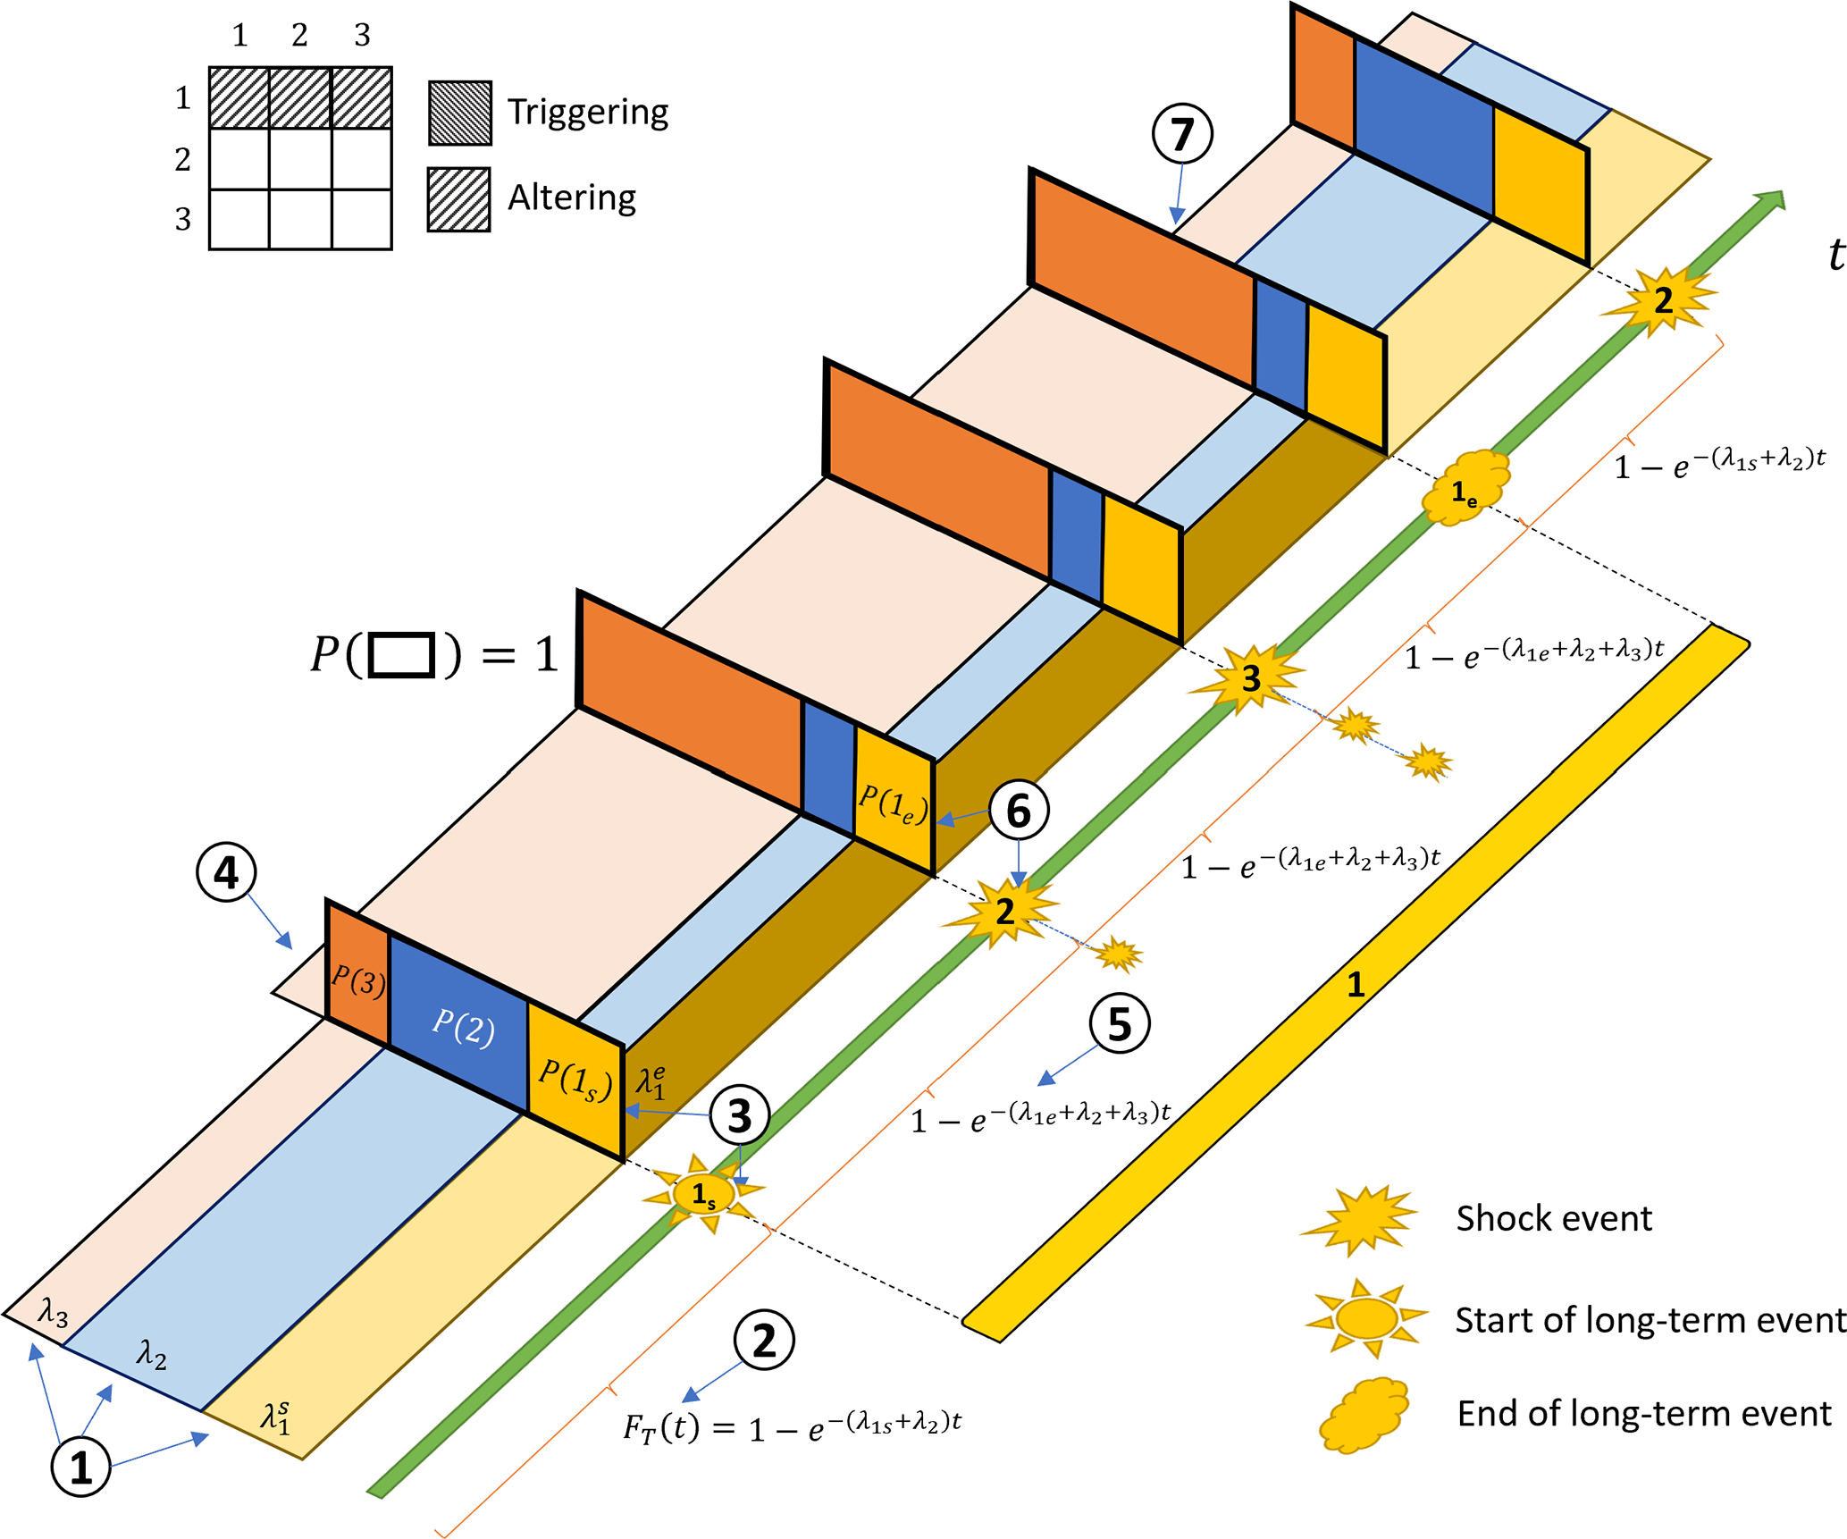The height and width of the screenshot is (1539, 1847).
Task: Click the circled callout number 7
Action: click(1181, 134)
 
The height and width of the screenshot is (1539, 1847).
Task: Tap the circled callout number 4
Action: click(226, 872)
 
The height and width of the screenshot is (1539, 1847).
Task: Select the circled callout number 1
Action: click(80, 1468)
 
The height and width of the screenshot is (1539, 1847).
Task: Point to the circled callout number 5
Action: click(1119, 1023)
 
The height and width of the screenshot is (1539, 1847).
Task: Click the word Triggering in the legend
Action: click(588, 112)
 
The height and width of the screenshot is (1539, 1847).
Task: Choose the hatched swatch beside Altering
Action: click(458, 199)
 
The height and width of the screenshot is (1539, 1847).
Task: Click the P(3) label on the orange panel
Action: click(358, 981)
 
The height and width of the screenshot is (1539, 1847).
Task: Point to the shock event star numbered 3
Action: click(1250, 678)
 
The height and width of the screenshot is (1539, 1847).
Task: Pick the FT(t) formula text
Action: click(792, 1427)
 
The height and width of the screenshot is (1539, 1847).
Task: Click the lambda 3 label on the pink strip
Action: click(54, 1313)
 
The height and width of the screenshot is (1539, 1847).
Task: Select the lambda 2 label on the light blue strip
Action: click(151, 1355)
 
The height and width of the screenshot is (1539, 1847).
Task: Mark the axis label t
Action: click(1835, 255)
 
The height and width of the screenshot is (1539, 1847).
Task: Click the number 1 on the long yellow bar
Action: click(1356, 984)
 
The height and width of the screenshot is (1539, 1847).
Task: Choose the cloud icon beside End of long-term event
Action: click(1364, 1415)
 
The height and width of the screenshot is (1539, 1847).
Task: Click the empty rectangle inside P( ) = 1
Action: click(401, 655)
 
